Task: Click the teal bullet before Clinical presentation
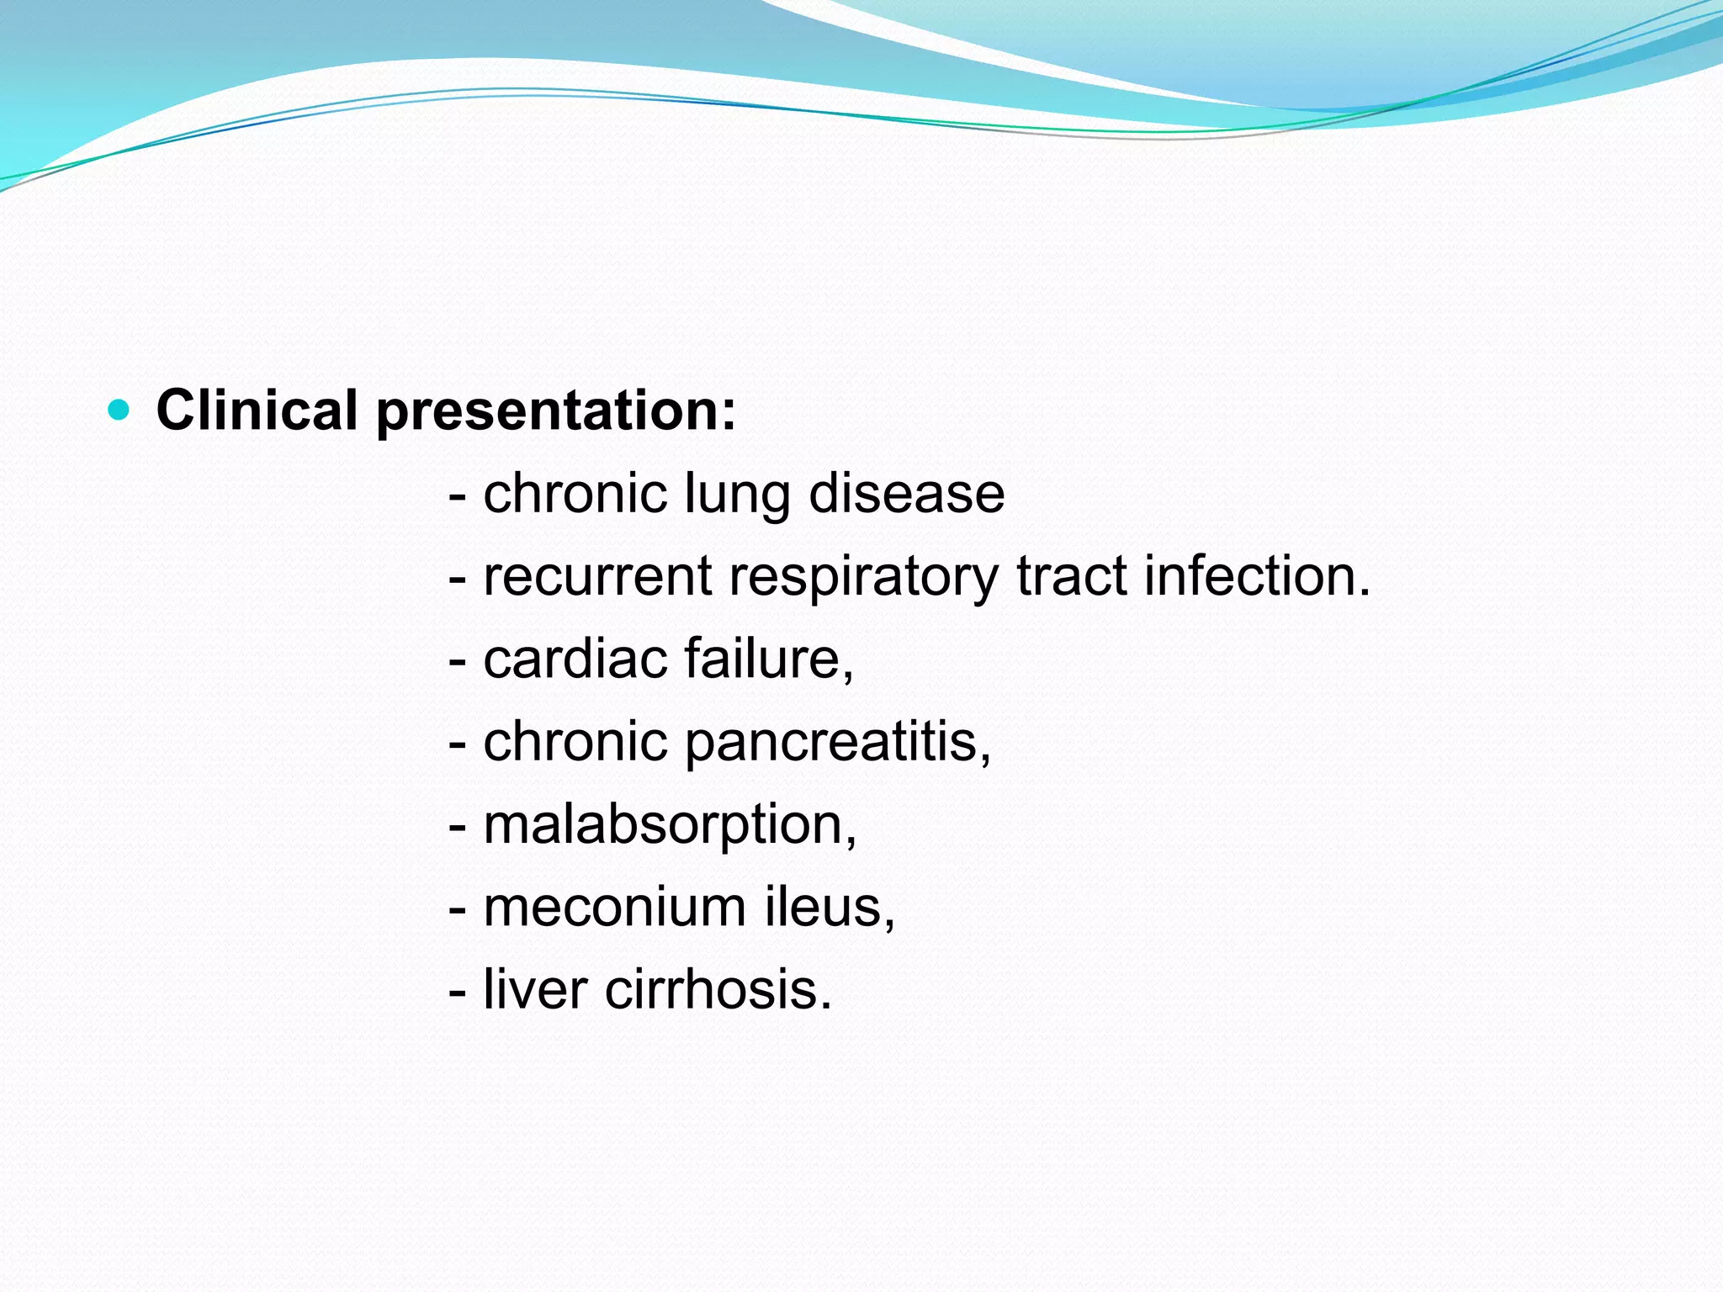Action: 119,410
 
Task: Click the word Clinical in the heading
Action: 257,410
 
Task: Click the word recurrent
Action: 598,577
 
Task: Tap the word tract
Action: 1071,577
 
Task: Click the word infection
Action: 1257,577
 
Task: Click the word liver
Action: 535,989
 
